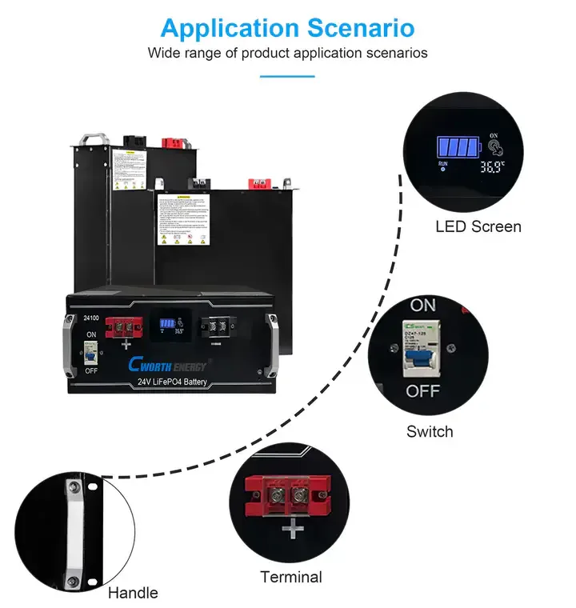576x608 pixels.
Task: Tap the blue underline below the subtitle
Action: pos(287,77)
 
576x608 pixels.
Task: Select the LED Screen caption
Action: pos(478,226)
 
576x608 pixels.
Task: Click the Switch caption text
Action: pos(430,432)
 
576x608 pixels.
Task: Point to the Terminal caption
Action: pos(291,577)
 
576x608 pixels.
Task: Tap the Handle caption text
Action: pos(133,593)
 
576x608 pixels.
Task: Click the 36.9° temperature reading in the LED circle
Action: pos(491,169)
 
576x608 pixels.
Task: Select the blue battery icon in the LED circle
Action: pos(457,147)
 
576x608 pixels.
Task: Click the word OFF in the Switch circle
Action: pos(422,391)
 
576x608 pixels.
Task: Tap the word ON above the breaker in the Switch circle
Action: pos(422,306)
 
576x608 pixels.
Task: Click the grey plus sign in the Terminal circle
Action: pos(294,529)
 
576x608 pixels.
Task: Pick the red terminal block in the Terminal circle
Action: pos(290,494)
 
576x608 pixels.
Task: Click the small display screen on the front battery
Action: pos(170,327)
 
